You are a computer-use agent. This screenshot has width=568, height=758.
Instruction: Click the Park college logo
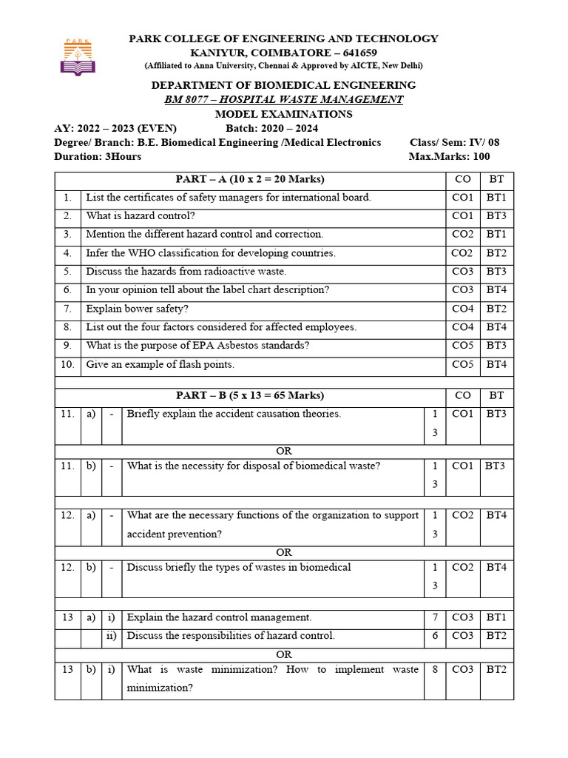78,57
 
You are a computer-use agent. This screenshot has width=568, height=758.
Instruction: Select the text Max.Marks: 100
449,156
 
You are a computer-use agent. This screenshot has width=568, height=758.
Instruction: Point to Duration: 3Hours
98,156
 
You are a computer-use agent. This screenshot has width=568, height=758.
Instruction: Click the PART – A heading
250,179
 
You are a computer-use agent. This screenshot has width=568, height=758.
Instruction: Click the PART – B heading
250,396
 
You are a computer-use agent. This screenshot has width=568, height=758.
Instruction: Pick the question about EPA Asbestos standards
197,346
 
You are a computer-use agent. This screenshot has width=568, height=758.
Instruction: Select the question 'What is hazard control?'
141,215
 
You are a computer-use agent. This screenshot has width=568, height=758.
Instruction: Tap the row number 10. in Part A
67,364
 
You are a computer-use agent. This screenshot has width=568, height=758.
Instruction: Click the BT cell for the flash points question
496,364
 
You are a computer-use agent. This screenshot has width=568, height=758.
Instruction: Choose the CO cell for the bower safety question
462,309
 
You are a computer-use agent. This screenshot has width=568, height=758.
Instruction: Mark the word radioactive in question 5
220,272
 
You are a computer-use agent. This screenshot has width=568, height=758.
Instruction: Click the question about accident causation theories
234,415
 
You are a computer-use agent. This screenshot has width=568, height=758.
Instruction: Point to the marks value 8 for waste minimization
435,670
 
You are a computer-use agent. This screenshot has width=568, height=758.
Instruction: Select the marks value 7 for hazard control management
435,617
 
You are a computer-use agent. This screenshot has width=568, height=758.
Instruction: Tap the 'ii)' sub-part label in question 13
112,636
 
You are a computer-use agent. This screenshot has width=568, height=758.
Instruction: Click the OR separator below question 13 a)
284,654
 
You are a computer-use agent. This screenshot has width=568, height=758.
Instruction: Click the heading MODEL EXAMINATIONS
284,114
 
